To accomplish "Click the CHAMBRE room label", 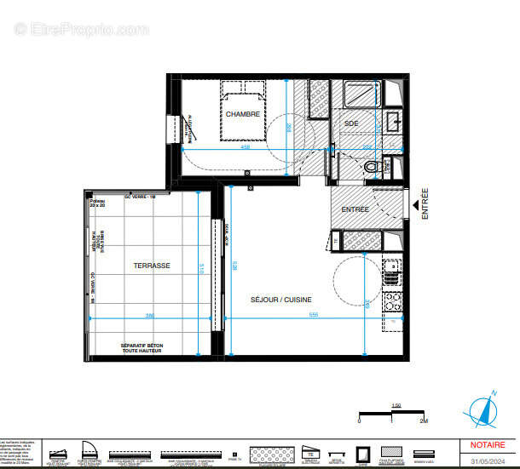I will pos(242,113).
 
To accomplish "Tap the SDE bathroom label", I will pos(351,123).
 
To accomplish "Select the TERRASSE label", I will pos(151,266).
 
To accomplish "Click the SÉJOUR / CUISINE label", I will pos(280,299).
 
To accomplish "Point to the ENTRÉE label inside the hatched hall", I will pos(355,209).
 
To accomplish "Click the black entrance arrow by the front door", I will pos(415,205).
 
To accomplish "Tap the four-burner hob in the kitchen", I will pos(391,300).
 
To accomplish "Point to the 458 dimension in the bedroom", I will pos(245,147).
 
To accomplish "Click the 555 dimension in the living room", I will pos(290,316).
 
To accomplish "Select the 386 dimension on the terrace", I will pos(150,316).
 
